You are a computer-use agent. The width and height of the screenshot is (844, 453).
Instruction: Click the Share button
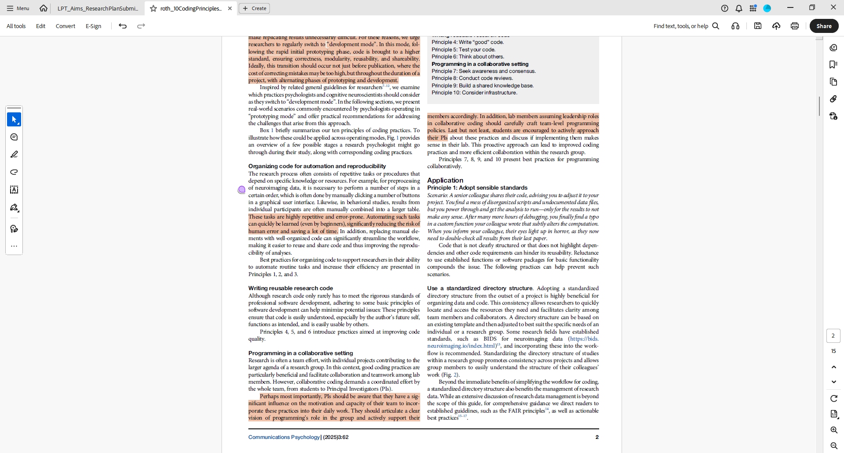pyautogui.click(x=824, y=26)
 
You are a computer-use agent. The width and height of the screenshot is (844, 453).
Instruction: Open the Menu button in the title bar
pyautogui.click(x=18, y=8)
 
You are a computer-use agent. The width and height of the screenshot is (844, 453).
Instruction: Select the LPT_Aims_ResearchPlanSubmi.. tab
pyautogui.click(x=98, y=8)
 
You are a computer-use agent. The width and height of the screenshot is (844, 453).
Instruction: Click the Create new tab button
pyautogui.click(x=255, y=8)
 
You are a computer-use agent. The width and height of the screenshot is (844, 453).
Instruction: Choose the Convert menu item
pyautogui.click(x=65, y=26)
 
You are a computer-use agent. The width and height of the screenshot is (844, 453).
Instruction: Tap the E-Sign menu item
pyautogui.click(x=93, y=26)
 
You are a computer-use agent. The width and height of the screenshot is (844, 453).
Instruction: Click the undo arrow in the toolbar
pyautogui.click(x=123, y=26)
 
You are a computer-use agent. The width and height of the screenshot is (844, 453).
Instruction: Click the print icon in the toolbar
pyautogui.click(x=794, y=26)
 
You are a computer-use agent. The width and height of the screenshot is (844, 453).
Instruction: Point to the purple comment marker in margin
pyautogui.click(x=241, y=190)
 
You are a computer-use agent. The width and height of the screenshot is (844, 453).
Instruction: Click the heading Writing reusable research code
pyautogui.click(x=290, y=288)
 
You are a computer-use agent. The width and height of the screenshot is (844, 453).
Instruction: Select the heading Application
pyautogui.click(x=445, y=180)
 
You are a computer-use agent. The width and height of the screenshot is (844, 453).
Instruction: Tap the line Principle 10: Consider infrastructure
pyautogui.click(x=474, y=93)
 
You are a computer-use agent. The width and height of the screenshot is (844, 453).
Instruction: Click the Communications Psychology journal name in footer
pyautogui.click(x=284, y=437)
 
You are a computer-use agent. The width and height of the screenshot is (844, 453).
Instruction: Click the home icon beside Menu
pyautogui.click(x=43, y=8)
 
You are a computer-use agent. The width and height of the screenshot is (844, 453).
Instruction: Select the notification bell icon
pyautogui.click(x=739, y=8)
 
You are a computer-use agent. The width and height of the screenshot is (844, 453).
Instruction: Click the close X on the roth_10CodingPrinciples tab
pyautogui.click(x=229, y=8)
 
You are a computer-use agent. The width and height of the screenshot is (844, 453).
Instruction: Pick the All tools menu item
pyautogui.click(x=16, y=26)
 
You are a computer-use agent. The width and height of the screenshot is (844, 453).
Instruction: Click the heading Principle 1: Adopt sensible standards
pyautogui.click(x=477, y=188)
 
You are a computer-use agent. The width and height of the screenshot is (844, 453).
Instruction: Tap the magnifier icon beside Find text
pyautogui.click(x=716, y=26)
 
